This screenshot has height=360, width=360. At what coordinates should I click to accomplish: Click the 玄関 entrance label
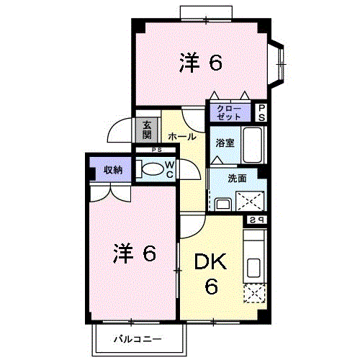tap(147, 130)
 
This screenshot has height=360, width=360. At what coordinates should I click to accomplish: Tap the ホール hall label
tap(182, 137)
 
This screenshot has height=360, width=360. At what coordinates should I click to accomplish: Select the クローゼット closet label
tap(229, 112)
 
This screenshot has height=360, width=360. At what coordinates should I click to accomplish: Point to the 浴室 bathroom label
tap(225, 143)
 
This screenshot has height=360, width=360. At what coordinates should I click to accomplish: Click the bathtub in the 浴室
tap(253, 145)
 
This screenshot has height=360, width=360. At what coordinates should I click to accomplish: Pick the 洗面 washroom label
tap(237, 179)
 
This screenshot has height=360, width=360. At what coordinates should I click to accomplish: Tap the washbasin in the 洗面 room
tap(223, 204)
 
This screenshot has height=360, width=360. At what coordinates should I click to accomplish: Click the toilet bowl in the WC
tap(152, 169)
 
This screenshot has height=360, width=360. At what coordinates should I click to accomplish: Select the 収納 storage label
tap(113, 170)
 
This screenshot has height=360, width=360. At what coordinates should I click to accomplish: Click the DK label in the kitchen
tap(210, 261)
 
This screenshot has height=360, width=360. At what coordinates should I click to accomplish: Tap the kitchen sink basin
tap(253, 267)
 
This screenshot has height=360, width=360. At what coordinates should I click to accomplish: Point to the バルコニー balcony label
tap(138, 339)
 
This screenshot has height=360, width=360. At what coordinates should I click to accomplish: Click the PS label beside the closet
tap(261, 112)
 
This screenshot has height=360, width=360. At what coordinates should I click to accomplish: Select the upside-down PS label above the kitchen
tap(256, 220)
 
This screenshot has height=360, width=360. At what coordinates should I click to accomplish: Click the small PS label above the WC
tap(157, 150)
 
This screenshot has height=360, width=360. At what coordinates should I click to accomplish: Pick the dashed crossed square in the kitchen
tap(254, 293)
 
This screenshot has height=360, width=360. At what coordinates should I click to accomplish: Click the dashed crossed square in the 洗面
tap(250, 201)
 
